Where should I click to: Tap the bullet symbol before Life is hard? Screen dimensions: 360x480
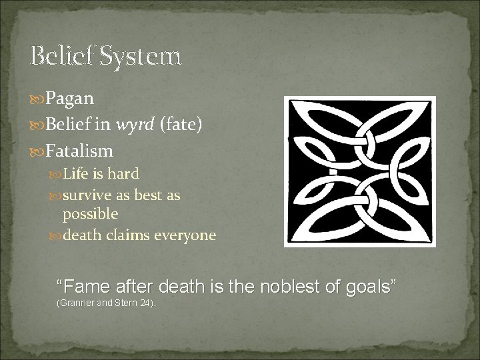(x=56, y=175)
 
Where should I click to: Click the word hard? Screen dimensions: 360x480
(x=123, y=174)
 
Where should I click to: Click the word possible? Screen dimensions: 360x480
(x=90, y=214)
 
